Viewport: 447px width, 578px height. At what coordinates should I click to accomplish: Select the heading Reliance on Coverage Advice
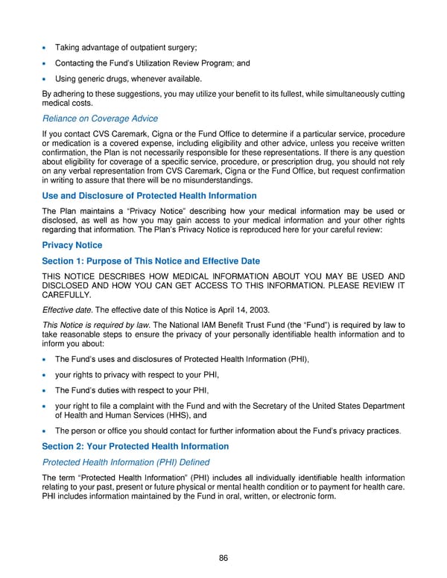(100, 118)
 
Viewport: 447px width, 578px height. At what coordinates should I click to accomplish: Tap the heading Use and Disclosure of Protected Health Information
(149, 196)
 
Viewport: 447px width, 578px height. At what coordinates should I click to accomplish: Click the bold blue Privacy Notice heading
(72, 245)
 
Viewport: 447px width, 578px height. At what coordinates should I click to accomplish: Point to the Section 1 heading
(150, 261)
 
